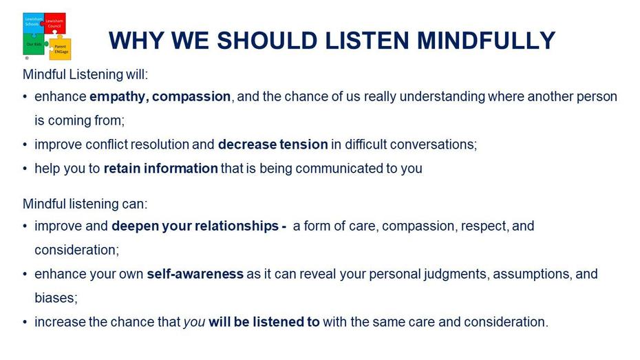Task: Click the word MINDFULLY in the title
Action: point(486,41)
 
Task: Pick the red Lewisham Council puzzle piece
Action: point(55,23)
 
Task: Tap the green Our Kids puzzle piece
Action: point(34,44)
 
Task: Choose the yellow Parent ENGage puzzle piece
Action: point(60,48)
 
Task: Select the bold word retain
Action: point(122,169)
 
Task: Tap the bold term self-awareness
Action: point(195,274)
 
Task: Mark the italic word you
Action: point(194,322)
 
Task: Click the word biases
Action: point(56,298)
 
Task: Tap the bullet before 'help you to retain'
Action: point(25,169)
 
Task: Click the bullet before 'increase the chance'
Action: point(25,322)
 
